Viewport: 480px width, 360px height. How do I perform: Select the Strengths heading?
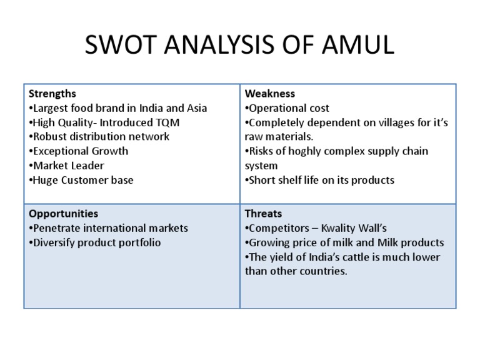point(52,94)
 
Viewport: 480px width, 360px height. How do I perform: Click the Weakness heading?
point(270,94)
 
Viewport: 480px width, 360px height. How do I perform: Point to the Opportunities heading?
point(63,214)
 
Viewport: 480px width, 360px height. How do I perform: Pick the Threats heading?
point(263,214)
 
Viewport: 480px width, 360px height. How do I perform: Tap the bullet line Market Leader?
point(67,166)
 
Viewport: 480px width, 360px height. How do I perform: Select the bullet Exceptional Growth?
point(79,151)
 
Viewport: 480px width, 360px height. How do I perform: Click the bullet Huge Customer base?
point(81,180)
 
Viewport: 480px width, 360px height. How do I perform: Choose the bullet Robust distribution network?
point(99,137)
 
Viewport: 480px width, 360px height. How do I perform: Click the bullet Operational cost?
point(287,108)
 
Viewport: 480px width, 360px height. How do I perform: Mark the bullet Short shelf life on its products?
point(320,180)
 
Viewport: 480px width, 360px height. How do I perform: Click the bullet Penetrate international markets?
point(109,228)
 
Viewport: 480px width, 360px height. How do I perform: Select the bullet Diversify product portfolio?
point(95,242)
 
